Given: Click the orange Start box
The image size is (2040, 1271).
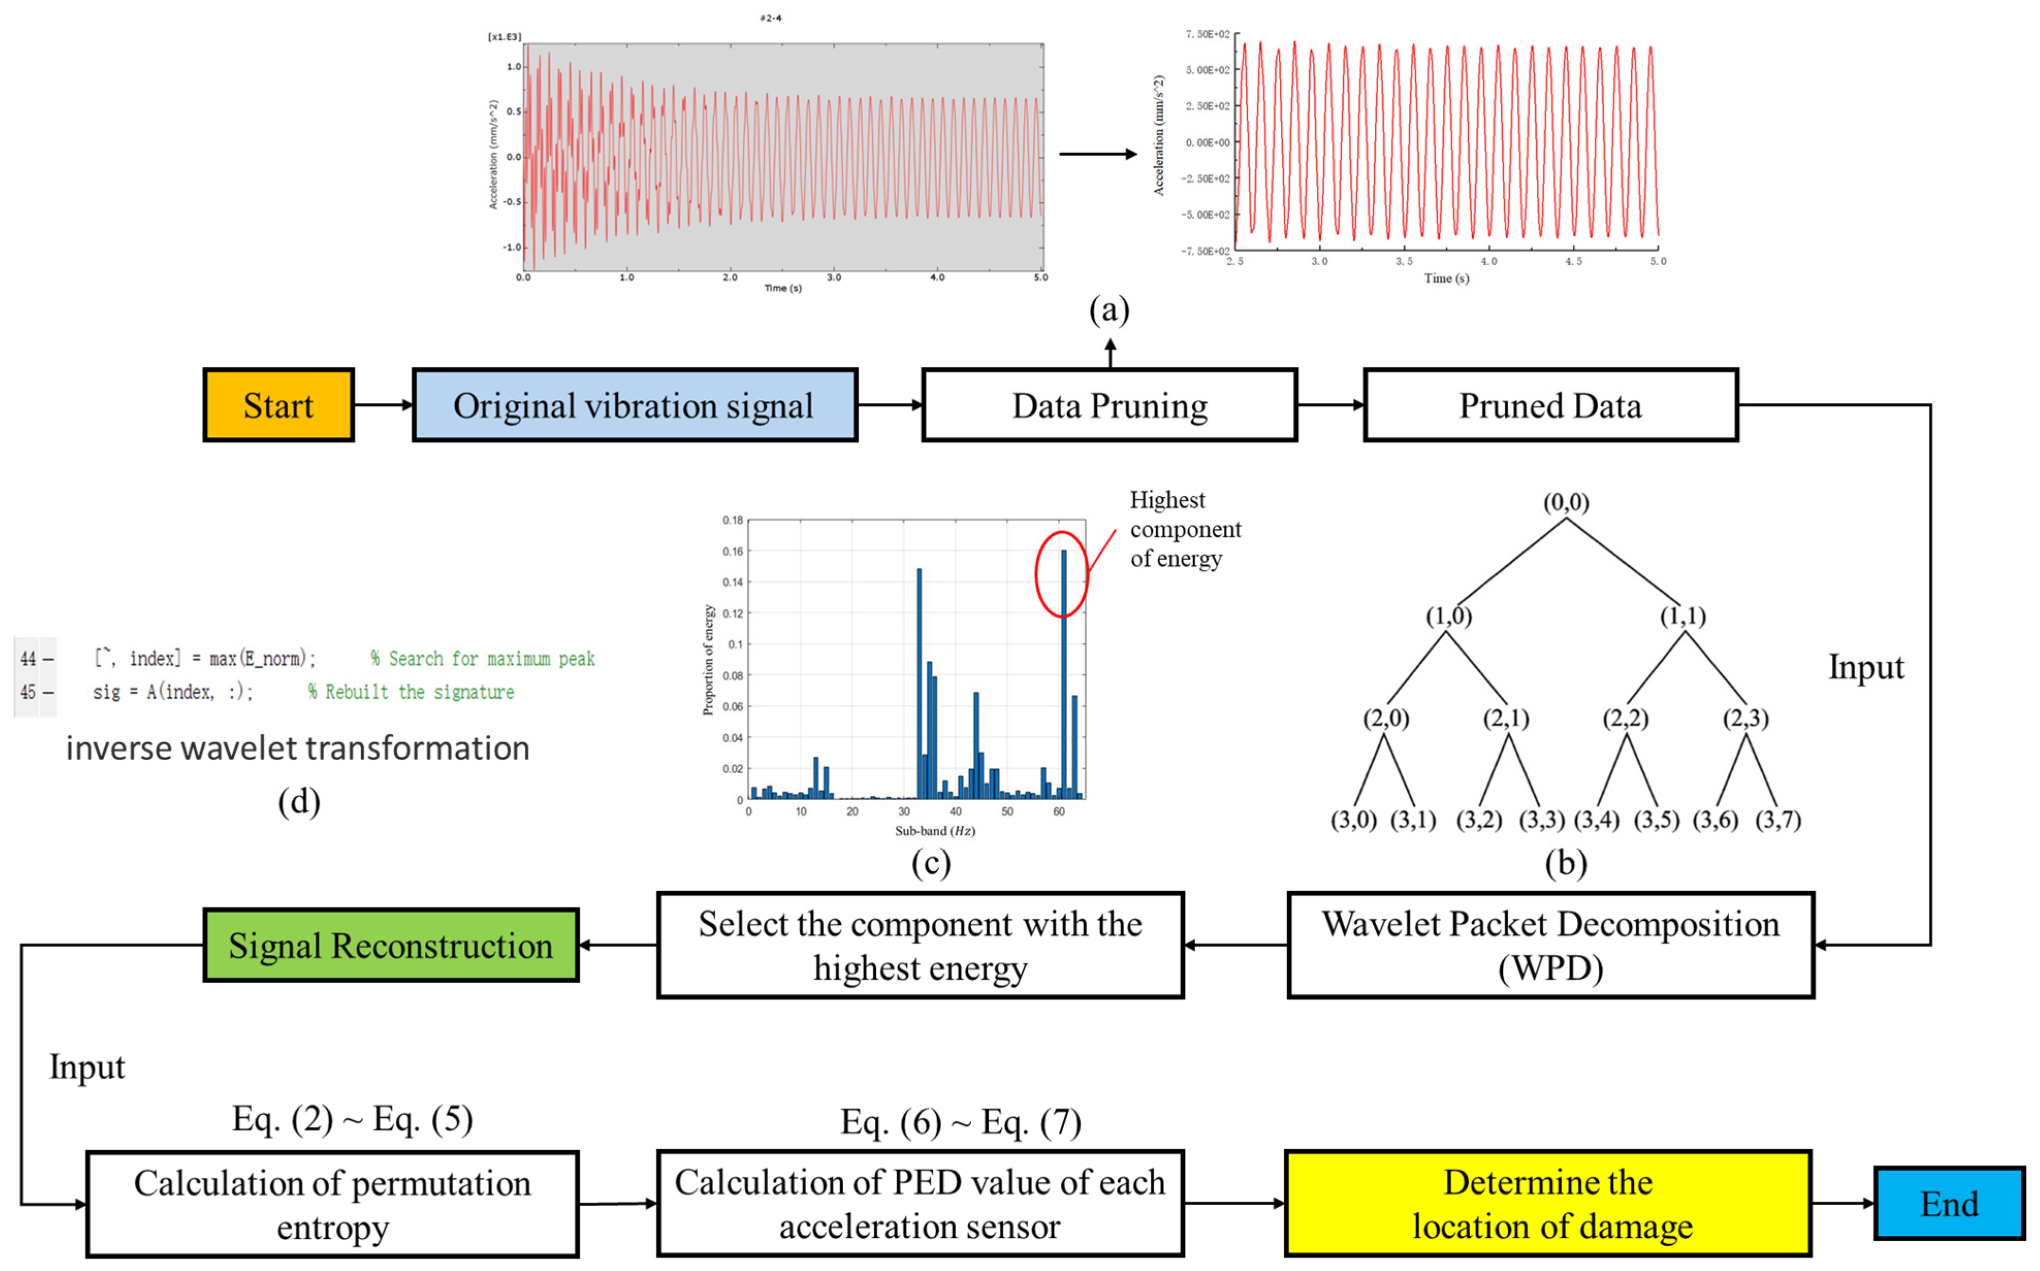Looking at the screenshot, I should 278,405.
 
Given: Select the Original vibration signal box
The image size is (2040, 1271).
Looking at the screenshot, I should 635,405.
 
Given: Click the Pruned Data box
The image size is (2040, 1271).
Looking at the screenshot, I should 1550,405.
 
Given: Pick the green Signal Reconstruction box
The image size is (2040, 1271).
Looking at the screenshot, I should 391,946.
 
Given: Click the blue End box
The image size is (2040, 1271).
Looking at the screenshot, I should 1949,1204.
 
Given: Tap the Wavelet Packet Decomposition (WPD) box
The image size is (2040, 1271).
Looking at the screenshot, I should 1550,946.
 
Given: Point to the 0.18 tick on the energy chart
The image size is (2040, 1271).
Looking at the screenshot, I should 732,520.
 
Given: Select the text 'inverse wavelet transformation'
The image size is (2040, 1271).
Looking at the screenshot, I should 298,748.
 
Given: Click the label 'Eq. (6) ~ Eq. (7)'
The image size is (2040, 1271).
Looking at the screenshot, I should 961,1122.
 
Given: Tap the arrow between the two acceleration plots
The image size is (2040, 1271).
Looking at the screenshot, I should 1097,154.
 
